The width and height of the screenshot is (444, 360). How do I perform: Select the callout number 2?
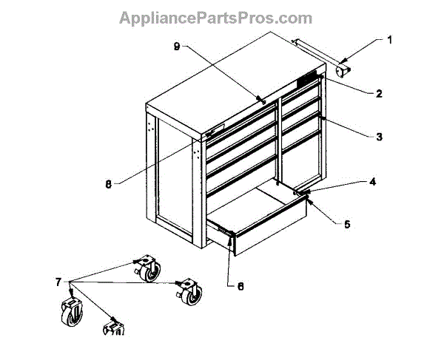(377, 94)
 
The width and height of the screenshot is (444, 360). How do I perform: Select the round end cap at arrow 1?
(343, 70)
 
